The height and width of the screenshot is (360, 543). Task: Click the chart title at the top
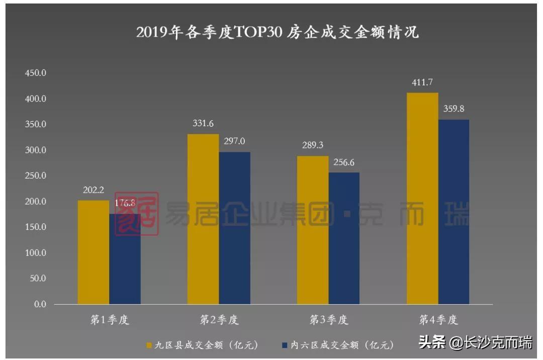pos(278,32)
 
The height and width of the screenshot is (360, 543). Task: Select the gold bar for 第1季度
pos(94,252)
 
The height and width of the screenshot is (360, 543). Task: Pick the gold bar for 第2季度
pos(203,219)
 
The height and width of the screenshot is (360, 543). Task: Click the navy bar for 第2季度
pos(234,228)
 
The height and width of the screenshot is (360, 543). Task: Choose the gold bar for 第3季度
pos(313,230)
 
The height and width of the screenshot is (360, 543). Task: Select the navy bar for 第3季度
pos(344,238)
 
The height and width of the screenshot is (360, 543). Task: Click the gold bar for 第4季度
pos(422,199)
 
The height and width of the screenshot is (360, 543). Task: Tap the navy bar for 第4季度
pos(454,212)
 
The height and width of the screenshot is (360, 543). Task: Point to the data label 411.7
pos(422,82)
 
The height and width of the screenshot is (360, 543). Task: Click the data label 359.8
pos(454,109)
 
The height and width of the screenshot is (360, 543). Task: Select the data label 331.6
pos(203,124)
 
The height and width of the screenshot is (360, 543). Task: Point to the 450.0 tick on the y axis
pos(35,73)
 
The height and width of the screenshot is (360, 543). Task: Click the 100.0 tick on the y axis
pos(35,253)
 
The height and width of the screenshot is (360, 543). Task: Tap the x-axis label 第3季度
pos(328,320)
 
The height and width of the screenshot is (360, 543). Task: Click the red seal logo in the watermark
pos(136,214)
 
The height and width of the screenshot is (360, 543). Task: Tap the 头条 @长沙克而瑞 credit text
pos(475,343)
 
